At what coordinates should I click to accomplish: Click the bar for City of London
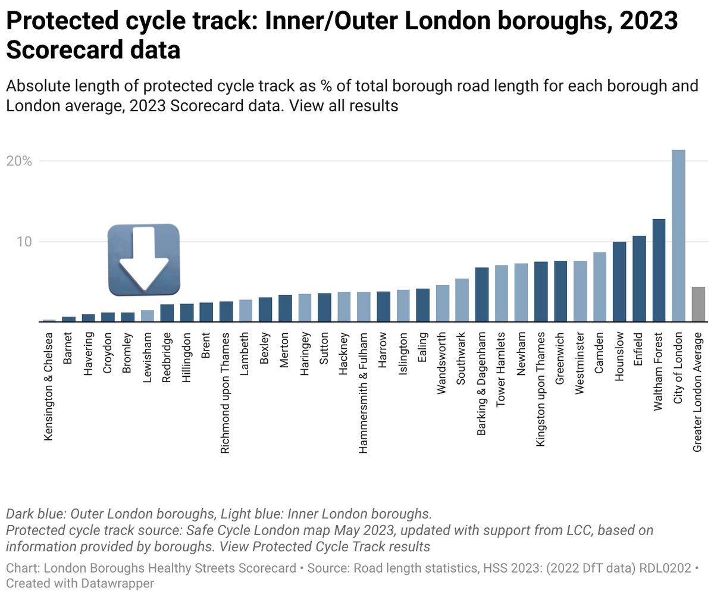click(x=678, y=236)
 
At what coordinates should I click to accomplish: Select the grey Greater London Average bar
click(x=698, y=304)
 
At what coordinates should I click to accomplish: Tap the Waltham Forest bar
click(x=659, y=270)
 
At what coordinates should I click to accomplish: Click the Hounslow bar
click(x=619, y=282)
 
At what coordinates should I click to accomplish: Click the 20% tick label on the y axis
click(x=19, y=161)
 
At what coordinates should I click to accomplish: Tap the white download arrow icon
click(x=143, y=260)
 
